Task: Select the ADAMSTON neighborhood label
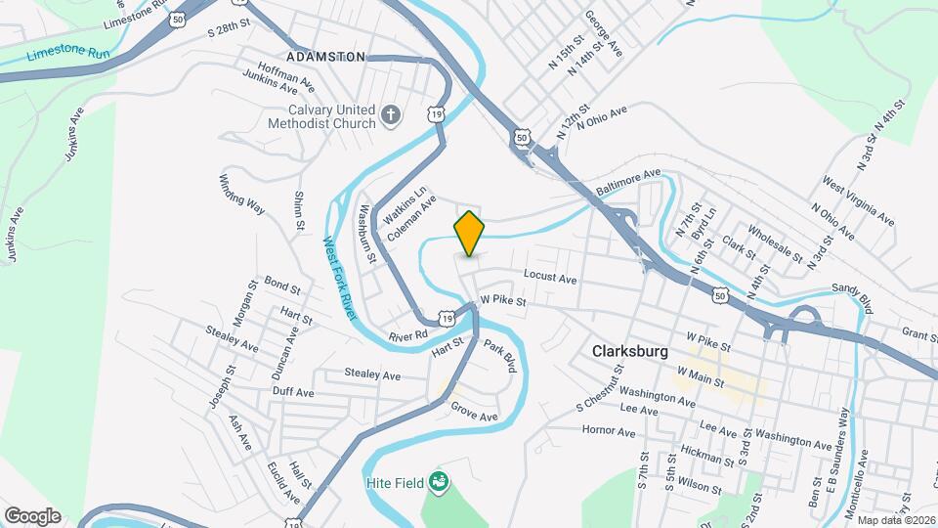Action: point(326,57)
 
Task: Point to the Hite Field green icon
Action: point(440,481)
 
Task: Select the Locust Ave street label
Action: point(550,278)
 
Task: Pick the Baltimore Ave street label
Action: point(629,182)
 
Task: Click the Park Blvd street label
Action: point(498,357)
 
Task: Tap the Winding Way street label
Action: point(241,193)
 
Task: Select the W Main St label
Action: point(701,372)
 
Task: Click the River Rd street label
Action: point(408,335)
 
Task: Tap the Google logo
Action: point(32,516)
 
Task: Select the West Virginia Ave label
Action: point(858,200)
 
